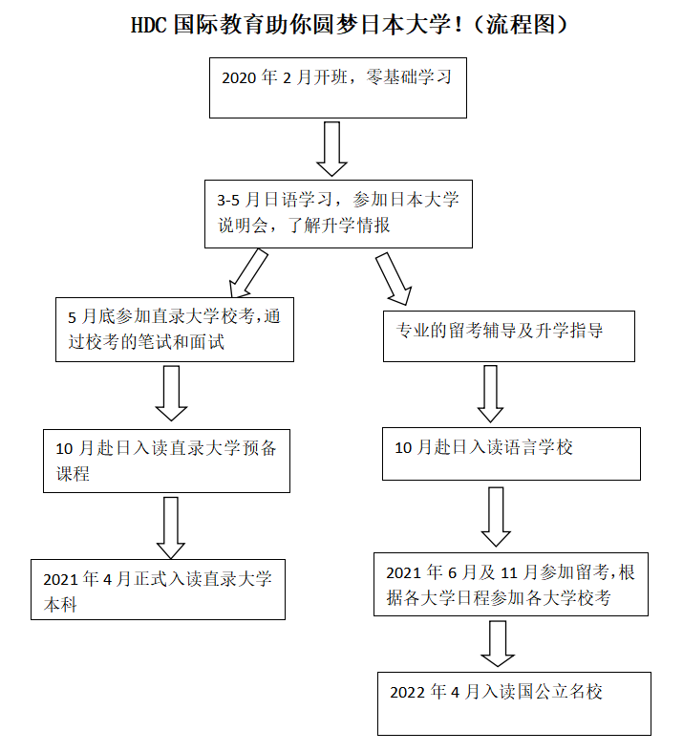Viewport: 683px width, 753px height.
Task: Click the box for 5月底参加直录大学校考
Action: point(174,329)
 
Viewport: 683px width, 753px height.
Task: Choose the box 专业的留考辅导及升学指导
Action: point(508,335)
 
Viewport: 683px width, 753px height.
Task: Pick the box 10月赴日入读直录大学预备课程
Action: point(166,460)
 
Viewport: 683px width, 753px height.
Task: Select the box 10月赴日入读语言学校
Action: point(511,453)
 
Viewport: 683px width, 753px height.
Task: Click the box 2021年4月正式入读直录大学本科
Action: point(158,589)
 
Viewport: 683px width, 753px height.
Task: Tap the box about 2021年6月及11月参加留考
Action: point(510,585)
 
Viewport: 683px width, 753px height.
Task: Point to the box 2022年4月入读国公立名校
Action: point(514,702)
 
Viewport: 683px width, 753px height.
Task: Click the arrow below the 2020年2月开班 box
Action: point(331,149)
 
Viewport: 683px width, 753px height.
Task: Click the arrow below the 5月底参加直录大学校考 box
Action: point(172,393)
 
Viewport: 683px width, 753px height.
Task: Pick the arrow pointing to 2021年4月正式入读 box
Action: point(170,527)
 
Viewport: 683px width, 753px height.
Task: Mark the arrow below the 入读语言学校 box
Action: point(496,516)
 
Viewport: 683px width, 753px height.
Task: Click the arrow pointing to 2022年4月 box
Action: point(498,643)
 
